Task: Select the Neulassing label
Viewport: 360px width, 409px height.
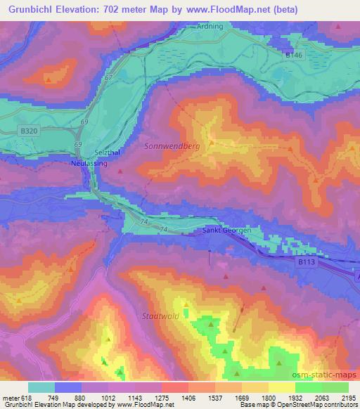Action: [x=88, y=162]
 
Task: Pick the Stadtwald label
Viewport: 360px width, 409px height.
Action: [x=157, y=316]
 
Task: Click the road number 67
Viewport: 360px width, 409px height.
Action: [x=108, y=78]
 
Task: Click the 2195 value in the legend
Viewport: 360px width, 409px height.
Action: [x=348, y=397]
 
